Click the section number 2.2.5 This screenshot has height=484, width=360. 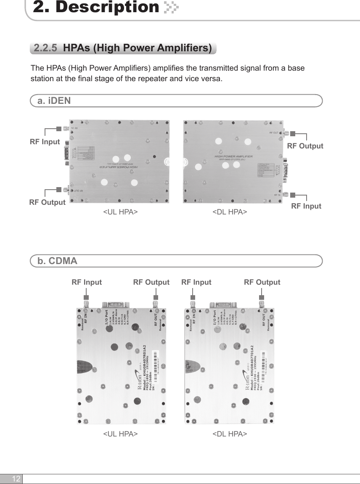45,48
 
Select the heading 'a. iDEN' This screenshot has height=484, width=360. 54,101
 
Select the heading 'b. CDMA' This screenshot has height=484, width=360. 57,261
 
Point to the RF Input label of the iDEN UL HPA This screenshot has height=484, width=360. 45,142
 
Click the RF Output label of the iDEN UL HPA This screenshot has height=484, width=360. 47,202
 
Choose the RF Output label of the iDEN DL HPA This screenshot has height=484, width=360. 305,146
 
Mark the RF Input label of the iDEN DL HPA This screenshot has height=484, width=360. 306,206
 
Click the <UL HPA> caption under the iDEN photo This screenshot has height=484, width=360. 120,213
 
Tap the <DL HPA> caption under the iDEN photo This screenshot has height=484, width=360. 230,213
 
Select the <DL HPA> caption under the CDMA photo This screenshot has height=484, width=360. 230,434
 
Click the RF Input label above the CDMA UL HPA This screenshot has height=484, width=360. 87,282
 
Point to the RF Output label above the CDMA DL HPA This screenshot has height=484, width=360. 262,282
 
